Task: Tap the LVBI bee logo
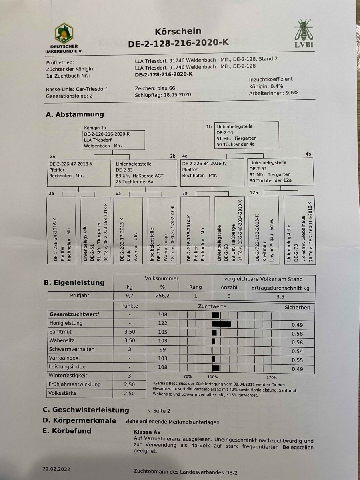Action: pyautogui.click(x=304, y=34)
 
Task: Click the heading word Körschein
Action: pyautogui.click(x=178, y=31)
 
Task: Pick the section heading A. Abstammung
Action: pyautogui.click(x=75, y=114)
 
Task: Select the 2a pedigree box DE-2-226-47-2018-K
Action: pyautogui.click(x=78, y=173)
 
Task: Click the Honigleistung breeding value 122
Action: pyautogui.click(x=163, y=323)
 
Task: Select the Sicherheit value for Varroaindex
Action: pyautogui.click(x=297, y=360)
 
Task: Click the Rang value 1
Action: pyautogui.click(x=196, y=296)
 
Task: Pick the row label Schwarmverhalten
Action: pyautogui.click(x=72, y=349)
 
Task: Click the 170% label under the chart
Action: pyautogui.click(x=272, y=377)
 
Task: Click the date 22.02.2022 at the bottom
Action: pyautogui.click(x=56, y=468)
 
